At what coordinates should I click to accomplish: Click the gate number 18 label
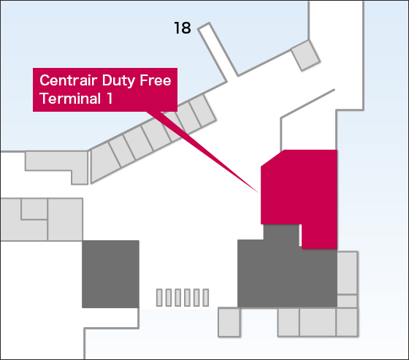(183, 28)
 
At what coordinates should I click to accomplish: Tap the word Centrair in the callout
(69, 80)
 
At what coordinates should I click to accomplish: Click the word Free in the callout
(156, 80)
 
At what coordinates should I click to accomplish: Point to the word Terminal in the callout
(70, 99)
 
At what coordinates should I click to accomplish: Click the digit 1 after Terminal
(110, 99)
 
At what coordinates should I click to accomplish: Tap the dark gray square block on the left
(110, 274)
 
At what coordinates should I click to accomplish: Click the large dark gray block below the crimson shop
(287, 274)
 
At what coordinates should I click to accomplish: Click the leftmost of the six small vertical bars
(159, 297)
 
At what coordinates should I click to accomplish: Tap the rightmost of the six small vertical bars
(206, 297)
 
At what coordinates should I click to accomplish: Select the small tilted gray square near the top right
(305, 55)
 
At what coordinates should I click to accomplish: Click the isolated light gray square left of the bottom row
(229, 322)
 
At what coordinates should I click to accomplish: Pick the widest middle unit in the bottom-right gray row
(318, 322)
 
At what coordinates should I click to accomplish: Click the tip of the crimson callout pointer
(259, 193)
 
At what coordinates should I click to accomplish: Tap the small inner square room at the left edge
(34, 209)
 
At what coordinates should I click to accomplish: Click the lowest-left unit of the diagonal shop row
(103, 162)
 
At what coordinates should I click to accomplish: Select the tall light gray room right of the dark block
(347, 273)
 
